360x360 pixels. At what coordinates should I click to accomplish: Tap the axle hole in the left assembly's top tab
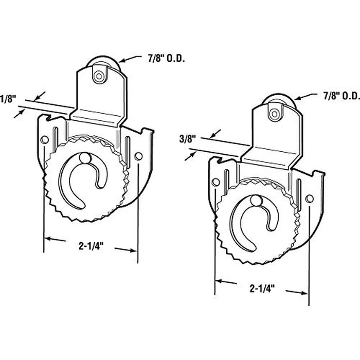[97, 76]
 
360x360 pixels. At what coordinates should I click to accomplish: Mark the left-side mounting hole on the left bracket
[45, 139]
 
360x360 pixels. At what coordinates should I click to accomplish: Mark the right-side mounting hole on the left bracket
[137, 156]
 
